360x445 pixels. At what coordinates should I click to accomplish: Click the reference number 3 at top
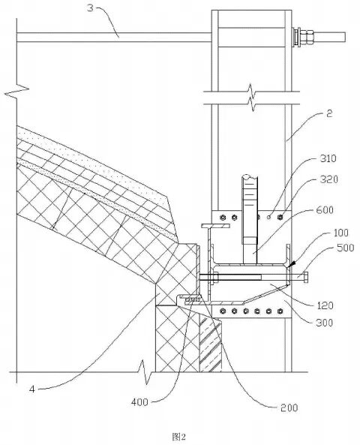(90, 8)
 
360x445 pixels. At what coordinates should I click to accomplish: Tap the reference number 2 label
(329, 113)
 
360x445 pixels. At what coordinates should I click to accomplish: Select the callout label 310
(328, 158)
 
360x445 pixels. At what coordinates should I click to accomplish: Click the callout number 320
(329, 179)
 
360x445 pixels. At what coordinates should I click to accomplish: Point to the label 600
(325, 210)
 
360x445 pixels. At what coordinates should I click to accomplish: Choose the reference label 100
(340, 233)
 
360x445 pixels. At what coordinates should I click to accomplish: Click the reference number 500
(345, 248)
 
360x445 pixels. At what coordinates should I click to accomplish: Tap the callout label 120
(325, 305)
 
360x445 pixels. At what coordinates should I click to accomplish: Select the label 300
(324, 323)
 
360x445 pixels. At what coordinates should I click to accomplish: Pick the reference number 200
(289, 407)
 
